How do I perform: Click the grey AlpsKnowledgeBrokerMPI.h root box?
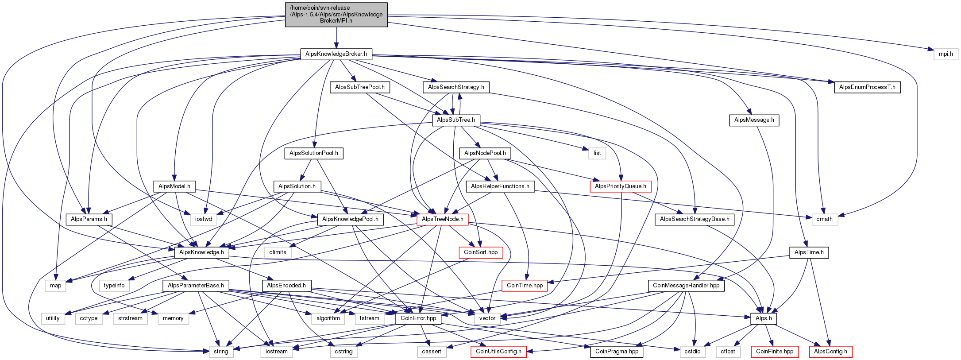336,14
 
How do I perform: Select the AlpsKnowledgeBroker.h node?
336,54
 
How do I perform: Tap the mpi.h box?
946,54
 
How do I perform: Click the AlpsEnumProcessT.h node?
867,87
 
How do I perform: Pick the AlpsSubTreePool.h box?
359,87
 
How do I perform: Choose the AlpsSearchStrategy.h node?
456,87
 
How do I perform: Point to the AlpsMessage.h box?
754,120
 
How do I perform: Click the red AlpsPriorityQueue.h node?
620,186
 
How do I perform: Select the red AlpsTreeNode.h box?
442,219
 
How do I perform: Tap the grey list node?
597,153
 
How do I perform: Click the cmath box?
824,219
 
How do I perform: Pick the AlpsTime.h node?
809,252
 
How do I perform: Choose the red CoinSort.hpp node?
480,252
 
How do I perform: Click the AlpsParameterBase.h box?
196,286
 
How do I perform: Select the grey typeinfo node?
114,286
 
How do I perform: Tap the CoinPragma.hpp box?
617,352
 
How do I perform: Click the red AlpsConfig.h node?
830,352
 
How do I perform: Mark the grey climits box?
278,252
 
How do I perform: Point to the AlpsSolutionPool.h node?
313,153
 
